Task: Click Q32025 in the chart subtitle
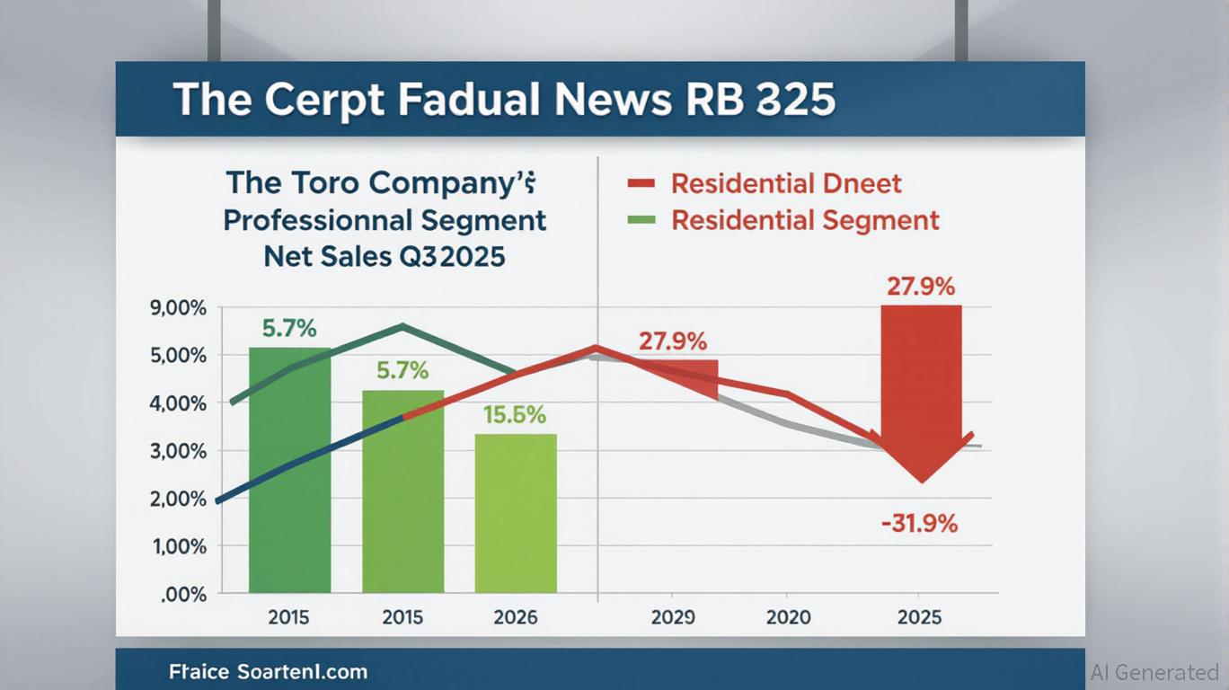pos(449,257)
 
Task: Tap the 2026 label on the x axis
pos(516,617)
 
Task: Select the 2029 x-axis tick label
pos(673,617)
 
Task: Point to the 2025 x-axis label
pos(919,617)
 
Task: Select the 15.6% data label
pos(516,415)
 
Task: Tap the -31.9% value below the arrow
pos(919,523)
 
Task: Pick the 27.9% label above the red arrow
pos(921,287)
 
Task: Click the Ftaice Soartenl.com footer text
pos(268,671)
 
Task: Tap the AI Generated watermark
pos(1154,672)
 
